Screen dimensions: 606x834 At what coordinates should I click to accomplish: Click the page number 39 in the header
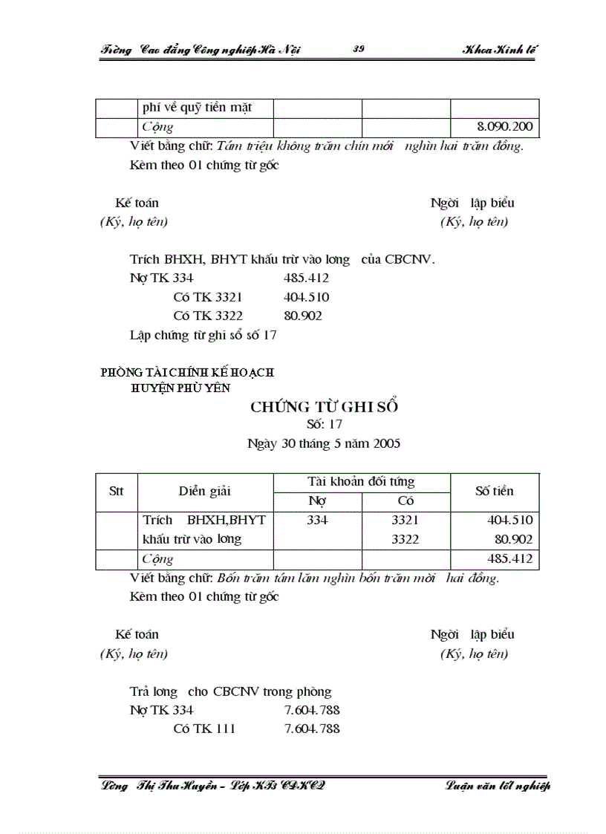coord(359,50)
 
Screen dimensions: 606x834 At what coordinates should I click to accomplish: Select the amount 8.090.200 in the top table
coord(505,127)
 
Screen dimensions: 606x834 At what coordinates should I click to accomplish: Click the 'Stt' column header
coord(117,491)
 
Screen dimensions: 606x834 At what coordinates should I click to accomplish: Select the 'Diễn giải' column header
coord(205,491)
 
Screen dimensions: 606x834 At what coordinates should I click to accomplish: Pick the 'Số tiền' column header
coord(495,491)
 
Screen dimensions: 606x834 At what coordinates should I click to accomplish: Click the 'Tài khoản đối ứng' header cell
coord(361,482)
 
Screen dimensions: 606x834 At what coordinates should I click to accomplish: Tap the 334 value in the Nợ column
coord(317,521)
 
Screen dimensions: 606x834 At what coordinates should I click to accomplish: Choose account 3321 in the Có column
coord(405,521)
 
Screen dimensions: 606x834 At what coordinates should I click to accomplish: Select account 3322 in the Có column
coord(405,540)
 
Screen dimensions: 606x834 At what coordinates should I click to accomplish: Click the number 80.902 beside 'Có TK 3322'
coord(303,316)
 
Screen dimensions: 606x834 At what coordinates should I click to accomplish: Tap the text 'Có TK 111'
coord(204,729)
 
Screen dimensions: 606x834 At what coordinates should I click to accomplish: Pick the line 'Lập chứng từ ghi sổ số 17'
coord(203,335)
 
